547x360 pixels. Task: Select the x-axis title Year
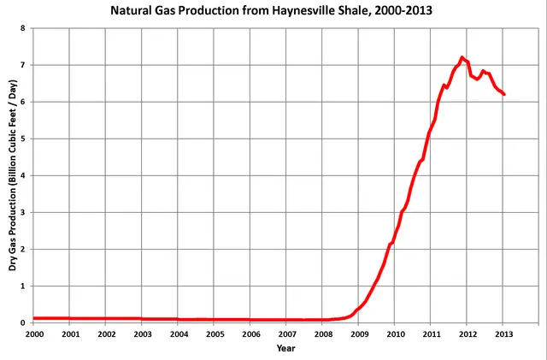(285, 348)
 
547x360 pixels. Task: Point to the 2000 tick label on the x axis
(33, 334)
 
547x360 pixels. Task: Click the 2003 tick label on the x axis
(141, 334)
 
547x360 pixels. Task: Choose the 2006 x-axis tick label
(250, 334)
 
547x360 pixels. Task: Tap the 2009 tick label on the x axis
(358, 334)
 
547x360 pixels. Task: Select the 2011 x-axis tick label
(431, 334)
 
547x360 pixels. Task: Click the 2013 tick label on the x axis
(503, 334)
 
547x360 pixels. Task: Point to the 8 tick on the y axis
(23, 28)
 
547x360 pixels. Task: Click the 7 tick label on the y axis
(23, 65)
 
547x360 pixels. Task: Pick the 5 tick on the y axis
(23, 139)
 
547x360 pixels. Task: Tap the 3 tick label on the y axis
(23, 212)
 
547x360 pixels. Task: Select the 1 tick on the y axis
(23, 286)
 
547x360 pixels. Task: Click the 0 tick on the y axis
(23, 323)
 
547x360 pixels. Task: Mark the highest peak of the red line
(462, 57)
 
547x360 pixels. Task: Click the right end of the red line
(504, 94)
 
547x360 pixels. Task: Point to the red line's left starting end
(34, 318)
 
